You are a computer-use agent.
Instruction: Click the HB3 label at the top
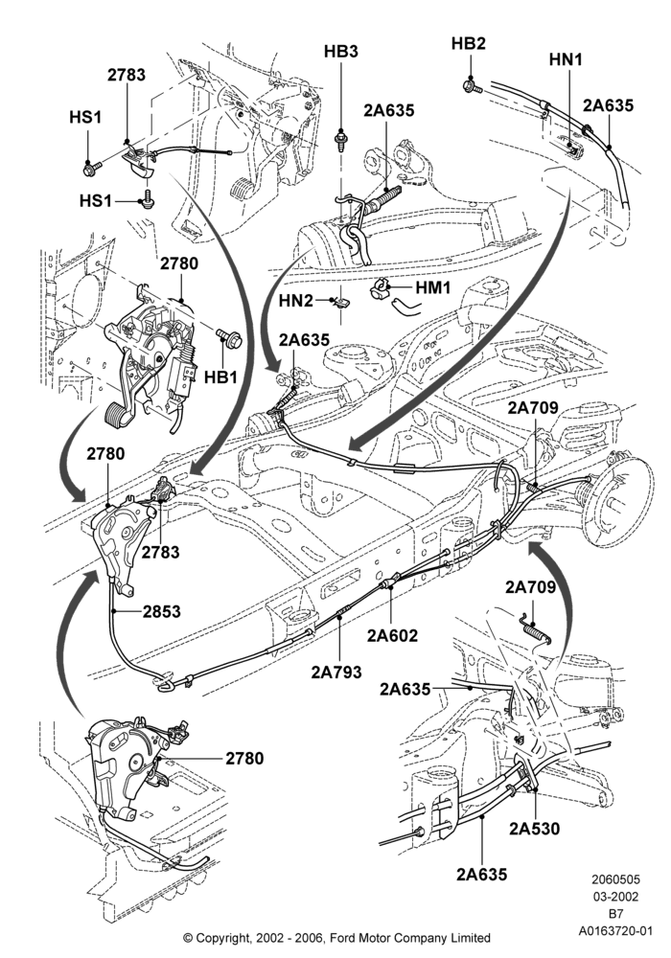341,52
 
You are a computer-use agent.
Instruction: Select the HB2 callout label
469,43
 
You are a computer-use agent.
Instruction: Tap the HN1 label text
566,59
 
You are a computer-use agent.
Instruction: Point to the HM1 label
433,287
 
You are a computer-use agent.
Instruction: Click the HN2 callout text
296,301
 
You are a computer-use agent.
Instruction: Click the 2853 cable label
162,611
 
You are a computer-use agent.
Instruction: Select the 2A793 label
336,672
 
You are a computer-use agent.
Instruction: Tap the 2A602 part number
392,635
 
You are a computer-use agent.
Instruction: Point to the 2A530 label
535,829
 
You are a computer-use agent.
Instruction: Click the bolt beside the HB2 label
474,85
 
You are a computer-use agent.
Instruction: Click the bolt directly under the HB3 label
340,143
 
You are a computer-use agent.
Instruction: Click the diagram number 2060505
615,879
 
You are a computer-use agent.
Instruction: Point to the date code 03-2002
615,897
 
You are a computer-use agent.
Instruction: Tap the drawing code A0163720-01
616,931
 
